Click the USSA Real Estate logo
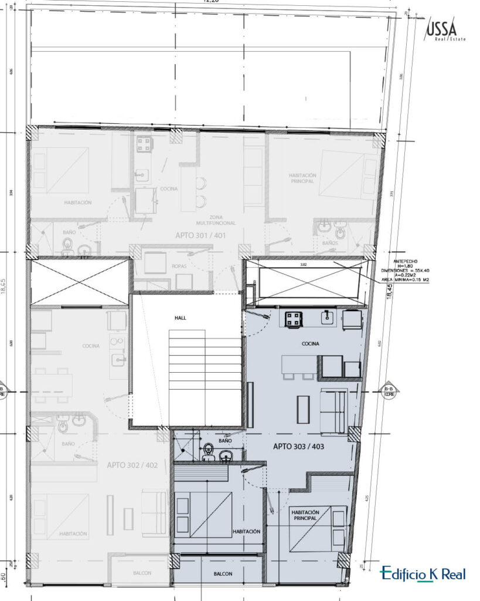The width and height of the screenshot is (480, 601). coord(442,30)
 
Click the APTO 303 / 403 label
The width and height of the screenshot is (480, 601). coord(298,446)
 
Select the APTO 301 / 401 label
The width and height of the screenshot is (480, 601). coord(201,235)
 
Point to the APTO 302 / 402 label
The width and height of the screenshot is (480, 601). coord(132,464)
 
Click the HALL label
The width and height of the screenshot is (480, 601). coord(180,318)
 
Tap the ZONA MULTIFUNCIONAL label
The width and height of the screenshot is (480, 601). coord(216,220)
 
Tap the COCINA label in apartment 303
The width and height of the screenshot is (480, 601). coord(310,344)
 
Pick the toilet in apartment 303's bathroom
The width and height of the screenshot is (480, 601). coord(207,453)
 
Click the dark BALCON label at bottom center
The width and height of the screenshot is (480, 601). coord(223,574)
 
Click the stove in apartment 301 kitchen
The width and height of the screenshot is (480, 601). coord(144,144)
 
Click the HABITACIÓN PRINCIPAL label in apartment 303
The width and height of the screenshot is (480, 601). coord(304,515)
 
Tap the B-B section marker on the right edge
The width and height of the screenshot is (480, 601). coord(388,391)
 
